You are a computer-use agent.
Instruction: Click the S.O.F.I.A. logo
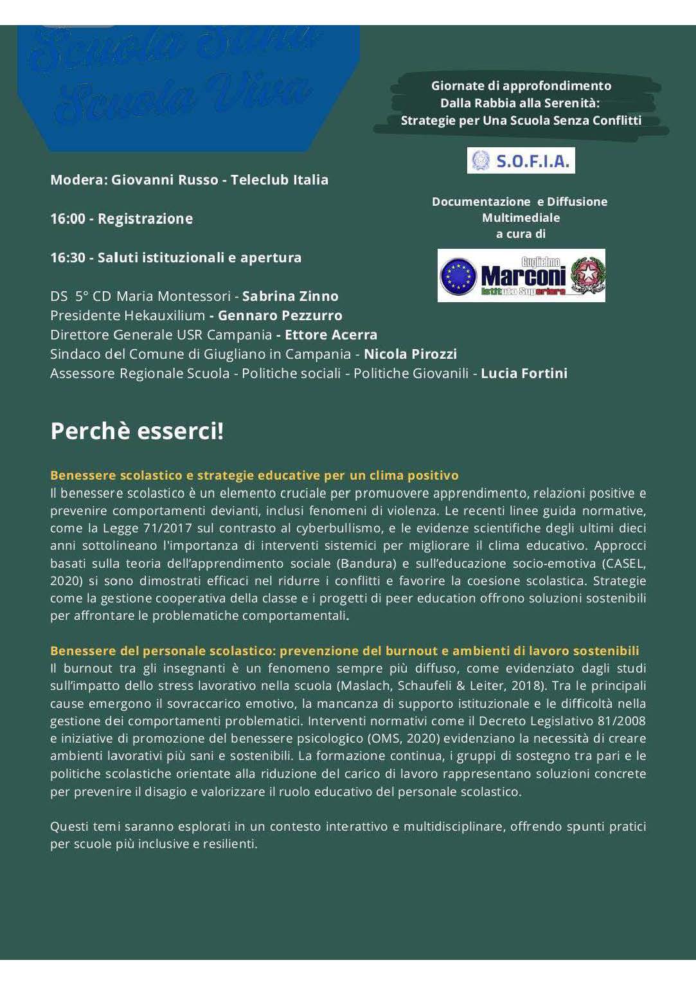coord(521,161)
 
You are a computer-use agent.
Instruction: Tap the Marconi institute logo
coord(521,276)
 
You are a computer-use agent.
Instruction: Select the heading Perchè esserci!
coord(137,431)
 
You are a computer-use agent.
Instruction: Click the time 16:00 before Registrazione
coord(67,219)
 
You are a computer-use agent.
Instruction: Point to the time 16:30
coord(67,258)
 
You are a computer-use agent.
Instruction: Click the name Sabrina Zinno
coord(290,296)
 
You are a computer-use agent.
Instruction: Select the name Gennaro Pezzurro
coord(280,316)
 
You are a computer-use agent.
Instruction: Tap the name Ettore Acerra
coord(330,335)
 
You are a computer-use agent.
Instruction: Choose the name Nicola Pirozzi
coord(410,354)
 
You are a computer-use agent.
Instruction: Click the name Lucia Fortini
coord(524,374)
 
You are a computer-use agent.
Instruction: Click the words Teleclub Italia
coord(280,180)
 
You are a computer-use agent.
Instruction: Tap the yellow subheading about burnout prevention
coord(344,651)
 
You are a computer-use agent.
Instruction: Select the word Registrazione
coord(145,219)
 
